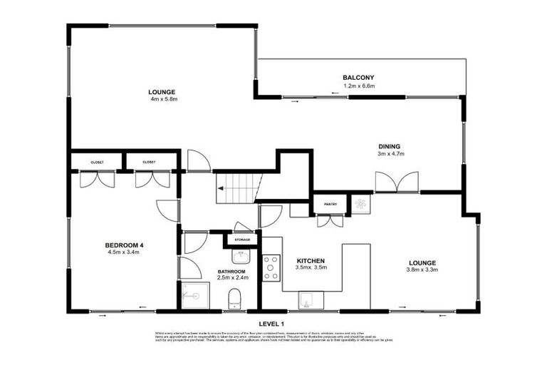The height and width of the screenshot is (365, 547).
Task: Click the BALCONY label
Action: [x=358, y=78]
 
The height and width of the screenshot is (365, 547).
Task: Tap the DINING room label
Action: [x=389, y=145]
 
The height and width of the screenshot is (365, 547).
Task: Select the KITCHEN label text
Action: [x=311, y=261]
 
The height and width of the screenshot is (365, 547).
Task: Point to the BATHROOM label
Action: [x=231, y=272]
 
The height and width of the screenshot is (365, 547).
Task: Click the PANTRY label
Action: [x=330, y=204]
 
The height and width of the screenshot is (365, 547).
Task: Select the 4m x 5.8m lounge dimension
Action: [x=162, y=100]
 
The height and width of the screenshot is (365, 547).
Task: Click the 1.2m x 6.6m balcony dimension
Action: [x=358, y=86]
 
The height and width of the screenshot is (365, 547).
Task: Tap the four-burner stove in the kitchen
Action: [x=271, y=268]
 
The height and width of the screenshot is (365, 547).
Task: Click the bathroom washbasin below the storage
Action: [x=240, y=257]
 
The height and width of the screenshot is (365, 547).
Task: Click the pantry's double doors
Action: [x=330, y=220]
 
